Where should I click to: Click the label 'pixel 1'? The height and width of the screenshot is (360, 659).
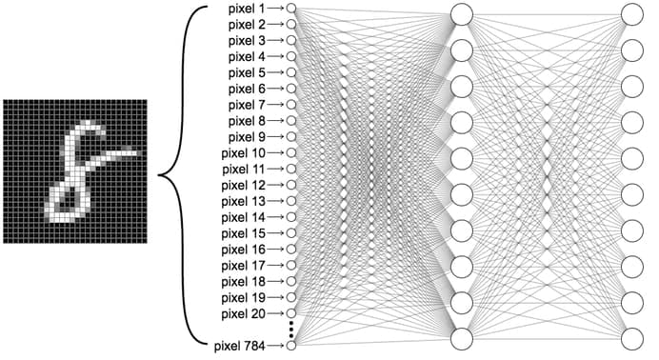click(248, 9)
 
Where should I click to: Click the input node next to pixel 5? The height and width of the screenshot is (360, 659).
click(290, 72)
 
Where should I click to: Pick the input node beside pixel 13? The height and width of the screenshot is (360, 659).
click(290, 201)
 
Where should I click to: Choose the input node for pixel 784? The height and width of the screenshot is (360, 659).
click(290, 344)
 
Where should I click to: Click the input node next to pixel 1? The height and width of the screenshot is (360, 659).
click(290, 9)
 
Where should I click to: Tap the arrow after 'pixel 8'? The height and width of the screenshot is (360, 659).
click(276, 120)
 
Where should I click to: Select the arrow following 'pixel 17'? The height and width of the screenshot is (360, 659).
click(276, 265)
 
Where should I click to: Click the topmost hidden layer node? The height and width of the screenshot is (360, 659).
click(461, 14)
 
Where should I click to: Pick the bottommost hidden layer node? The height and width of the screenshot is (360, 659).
click(461, 338)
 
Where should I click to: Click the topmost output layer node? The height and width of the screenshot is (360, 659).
click(631, 14)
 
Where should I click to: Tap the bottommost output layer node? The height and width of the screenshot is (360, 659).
click(631, 338)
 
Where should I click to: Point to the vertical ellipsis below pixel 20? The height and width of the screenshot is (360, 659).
click(290, 327)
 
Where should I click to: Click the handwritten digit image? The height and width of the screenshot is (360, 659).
click(73, 171)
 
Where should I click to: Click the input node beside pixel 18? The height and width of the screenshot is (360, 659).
click(290, 281)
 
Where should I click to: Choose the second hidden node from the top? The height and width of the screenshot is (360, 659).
click(461, 50)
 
